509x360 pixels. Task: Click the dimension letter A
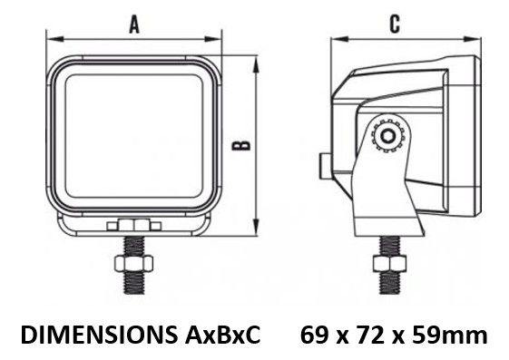tap(134, 25)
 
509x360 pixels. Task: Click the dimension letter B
tap(241, 146)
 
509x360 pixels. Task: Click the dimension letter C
tap(395, 24)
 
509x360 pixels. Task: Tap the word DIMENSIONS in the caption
tap(99, 335)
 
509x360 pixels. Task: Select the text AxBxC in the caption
tap(222, 335)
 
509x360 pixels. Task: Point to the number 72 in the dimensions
tap(371, 335)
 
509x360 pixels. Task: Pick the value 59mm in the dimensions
tap(450, 335)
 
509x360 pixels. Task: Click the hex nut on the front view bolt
tap(133, 263)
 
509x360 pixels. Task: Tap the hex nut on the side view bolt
tap(389, 263)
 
